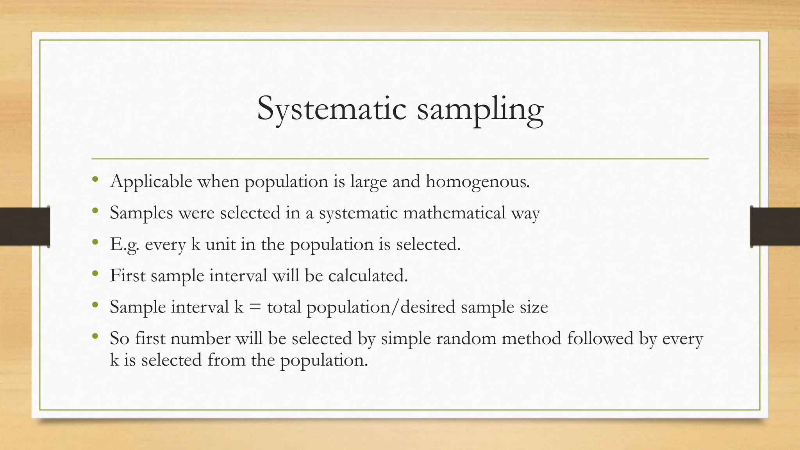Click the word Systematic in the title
tap(332, 109)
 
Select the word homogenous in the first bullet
tap(477, 182)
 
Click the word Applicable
tap(151, 182)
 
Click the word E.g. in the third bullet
tap(124, 245)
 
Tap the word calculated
tap(368, 275)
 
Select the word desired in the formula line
tap(428, 307)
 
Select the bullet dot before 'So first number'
tap(95, 336)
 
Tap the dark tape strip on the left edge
tap(25, 227)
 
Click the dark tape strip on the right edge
tap(775, 227)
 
